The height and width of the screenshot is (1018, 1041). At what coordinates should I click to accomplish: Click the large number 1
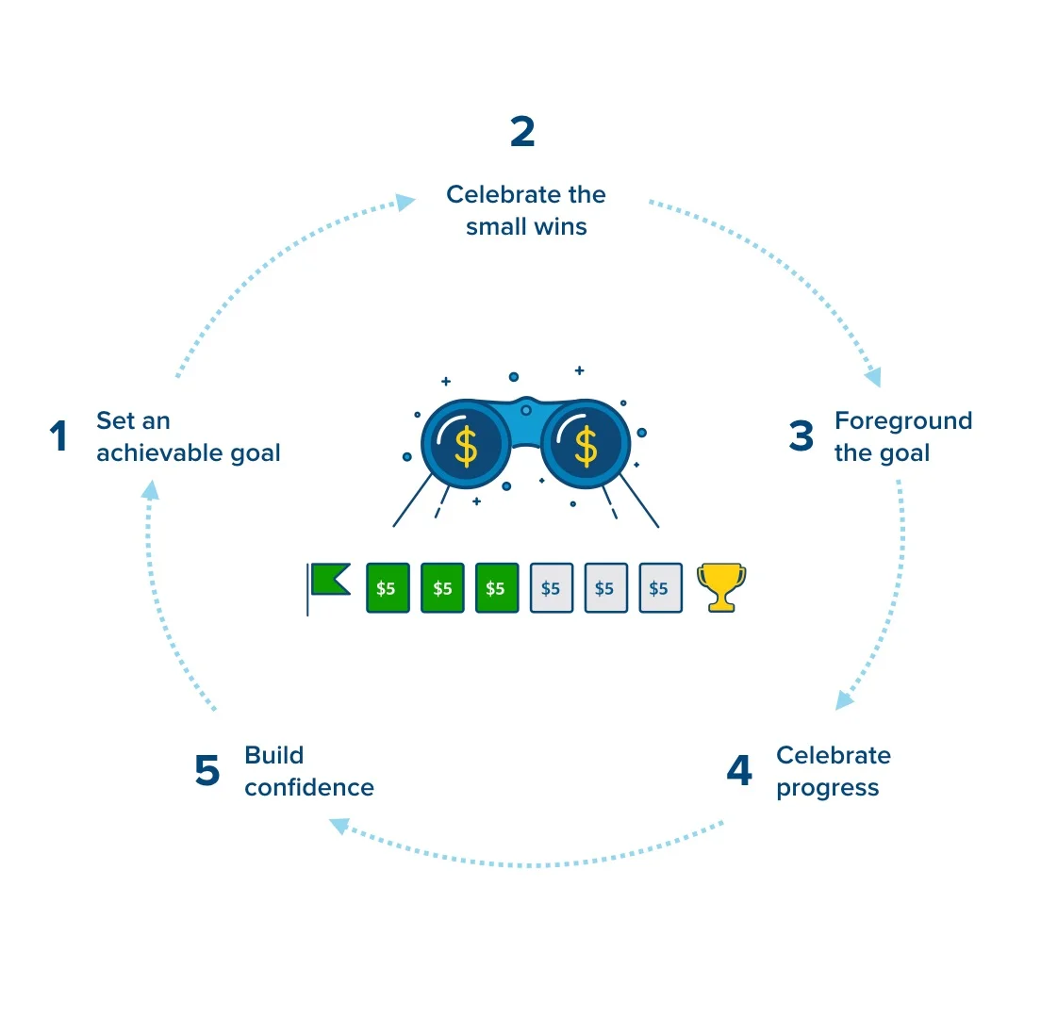tap(59, 436)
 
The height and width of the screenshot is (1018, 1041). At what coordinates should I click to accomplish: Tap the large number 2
tap(522, 131)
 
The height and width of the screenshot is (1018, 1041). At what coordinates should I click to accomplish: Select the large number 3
tap(801, 436)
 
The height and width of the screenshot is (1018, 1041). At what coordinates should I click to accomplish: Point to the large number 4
tap(739, 770)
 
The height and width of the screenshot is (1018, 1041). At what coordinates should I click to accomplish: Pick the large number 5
tap(207, 770)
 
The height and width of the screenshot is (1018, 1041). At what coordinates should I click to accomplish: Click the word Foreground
tap(903, 421)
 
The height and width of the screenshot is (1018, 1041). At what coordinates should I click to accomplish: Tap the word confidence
tap(309, 787)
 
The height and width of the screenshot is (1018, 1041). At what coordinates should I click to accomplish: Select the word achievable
tap(159, 452)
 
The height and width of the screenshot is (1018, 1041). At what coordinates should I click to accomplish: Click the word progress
tap(828, 788)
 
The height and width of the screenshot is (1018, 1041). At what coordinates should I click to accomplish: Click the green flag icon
tap(328, 588)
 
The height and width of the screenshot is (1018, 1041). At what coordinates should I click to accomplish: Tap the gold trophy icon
tap(721, 587)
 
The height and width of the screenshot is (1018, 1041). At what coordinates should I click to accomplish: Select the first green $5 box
tap(388, 588)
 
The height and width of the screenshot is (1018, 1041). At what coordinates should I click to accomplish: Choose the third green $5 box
tap(497, 588)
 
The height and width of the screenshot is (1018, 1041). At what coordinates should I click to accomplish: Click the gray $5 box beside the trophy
tap(661, 588)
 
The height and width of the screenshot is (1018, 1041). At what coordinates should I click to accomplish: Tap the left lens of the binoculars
tap(466, 443)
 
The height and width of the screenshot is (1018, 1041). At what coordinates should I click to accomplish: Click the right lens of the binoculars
tap(586, 443)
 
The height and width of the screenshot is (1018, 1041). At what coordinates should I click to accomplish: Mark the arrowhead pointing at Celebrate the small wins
tap(405, 201)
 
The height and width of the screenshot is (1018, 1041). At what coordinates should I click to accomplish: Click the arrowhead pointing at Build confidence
tap(339, 826)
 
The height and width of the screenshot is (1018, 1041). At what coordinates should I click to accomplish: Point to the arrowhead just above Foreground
tap(874, 377)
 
